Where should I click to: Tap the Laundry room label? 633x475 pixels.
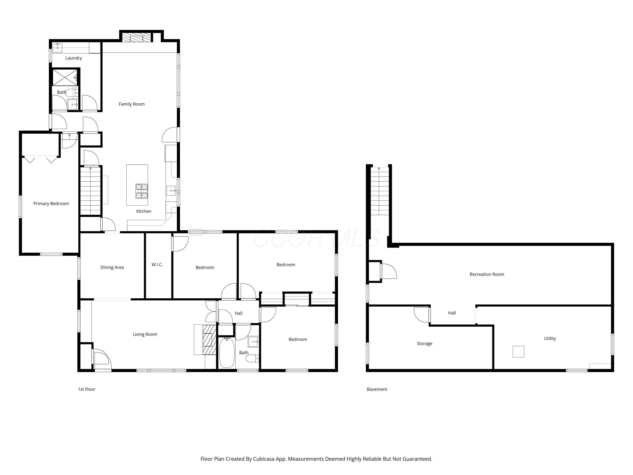[x=74, y=58]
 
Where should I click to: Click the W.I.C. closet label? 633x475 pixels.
[x=157, y=265]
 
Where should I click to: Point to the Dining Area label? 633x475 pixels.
[x=112, y=267]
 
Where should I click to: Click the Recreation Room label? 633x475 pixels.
[x=487, y=274]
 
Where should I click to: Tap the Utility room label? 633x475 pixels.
[x=550, y=338]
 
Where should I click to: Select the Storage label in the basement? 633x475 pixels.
[x=424, y=343]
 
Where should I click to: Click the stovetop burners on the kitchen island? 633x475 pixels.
[x=142, y=191]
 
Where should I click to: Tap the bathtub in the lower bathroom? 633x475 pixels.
[x=227, y=353]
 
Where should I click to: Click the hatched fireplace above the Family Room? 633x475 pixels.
[x=137, y=38]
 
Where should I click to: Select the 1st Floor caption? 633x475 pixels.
[x=87, y=389]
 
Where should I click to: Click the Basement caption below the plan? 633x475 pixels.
[x=377, y=389]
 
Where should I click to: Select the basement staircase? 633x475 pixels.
[x=380, y=191]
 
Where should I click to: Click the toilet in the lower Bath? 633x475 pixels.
[x=252, y=358]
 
